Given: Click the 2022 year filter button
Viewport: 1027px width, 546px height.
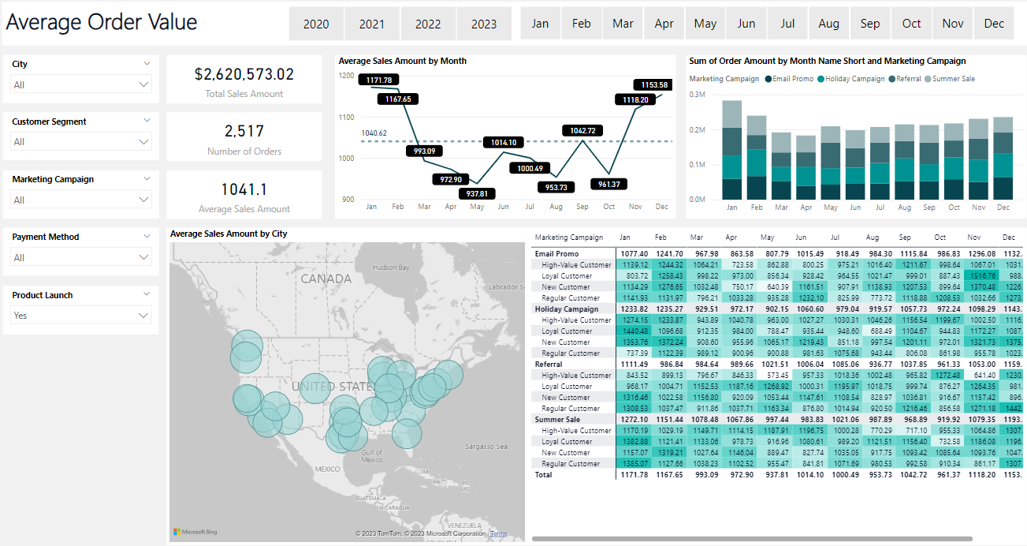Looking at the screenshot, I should (x=428, y=24).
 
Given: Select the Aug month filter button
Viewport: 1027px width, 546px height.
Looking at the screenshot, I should (x=828, y=24).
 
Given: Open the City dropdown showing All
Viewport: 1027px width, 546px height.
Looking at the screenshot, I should (x=81, y=84).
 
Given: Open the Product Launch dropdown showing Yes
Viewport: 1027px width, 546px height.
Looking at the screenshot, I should (x=81, y=316).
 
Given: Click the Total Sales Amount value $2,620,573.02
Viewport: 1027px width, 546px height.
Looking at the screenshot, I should (x=244, y=74).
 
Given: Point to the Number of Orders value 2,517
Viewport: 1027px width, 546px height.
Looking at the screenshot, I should (x=244, y=132).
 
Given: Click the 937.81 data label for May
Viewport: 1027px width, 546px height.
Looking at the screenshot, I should (x=476, y=193).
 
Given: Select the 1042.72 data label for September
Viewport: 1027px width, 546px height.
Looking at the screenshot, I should (x=582, y=130).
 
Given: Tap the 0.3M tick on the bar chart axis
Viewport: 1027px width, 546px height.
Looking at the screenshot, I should (x=697, y=94).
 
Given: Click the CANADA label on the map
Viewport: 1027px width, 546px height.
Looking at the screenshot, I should (x=326, y=279).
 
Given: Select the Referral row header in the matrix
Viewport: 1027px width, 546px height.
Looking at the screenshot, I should (x=549, y=365).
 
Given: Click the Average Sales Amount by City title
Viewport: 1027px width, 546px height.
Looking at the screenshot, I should (x=229, y=234).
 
